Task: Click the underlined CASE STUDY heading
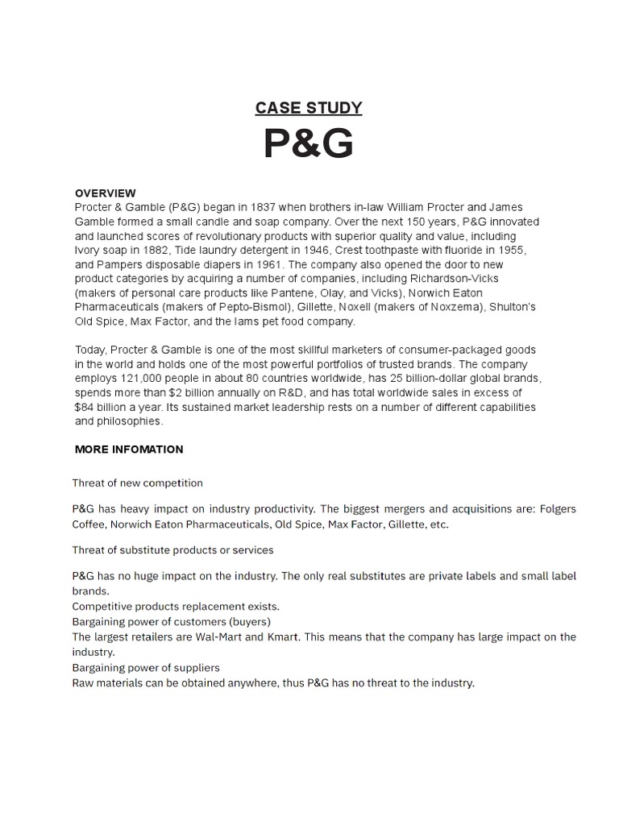coord(309,108)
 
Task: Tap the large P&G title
coord(309,145)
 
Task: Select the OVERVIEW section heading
coord(106,193)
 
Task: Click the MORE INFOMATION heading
coord(129,449)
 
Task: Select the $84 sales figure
coord(87,408)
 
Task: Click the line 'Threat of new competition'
coord(137,483)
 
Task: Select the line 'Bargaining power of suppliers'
coord(146,667)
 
